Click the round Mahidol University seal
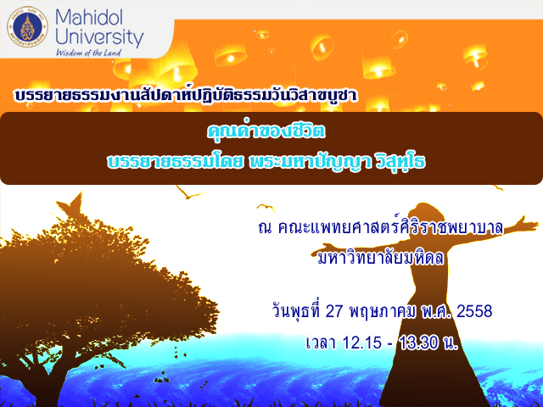tap(28, 27)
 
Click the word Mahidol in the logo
tap(89, 17)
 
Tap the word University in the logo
tap(99, 38)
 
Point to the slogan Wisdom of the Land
tap(88, 53)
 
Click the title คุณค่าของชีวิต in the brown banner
tap(266, 131)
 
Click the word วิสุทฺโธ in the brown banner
tap(400, 163)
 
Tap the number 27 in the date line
tap(334, 312)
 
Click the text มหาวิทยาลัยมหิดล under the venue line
tap(380, 258)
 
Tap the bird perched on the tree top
tap(71, 205)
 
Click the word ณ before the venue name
tap(266, 228)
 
